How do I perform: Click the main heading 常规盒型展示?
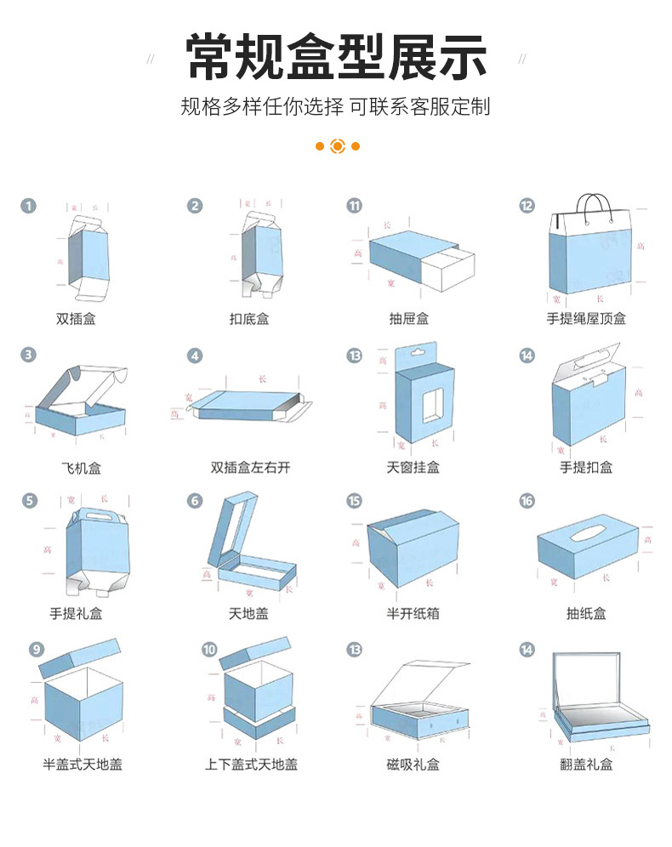[336, 57]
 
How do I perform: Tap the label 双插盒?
[76, 319]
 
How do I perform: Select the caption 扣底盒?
[249, 319]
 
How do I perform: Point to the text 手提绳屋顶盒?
[586, 319]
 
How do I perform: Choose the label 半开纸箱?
[413, 613]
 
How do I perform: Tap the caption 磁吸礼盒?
[413, 765]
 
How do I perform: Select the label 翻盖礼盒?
[586, 765]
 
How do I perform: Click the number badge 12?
[527, 206]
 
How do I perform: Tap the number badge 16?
[527, 501]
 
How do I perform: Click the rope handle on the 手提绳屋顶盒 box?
[594, 206]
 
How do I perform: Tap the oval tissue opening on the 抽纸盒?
[586, 533]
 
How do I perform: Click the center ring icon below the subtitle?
[337, 146]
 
